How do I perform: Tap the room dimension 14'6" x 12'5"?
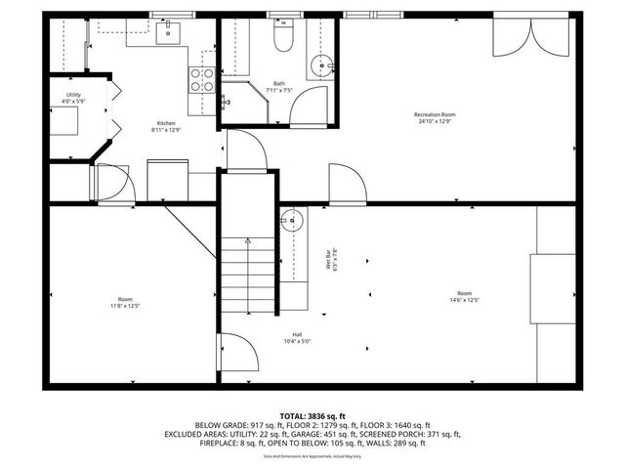click(464, 299)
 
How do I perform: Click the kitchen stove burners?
click(202, 78)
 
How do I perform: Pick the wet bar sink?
click(290, 220)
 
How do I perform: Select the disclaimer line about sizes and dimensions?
click(312, 456)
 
